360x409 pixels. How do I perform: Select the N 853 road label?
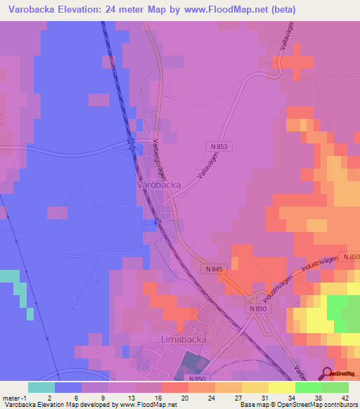[x=219, y=145]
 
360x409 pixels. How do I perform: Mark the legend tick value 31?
[x=244, y=397]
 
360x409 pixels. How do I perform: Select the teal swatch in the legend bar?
[x=41, y=387]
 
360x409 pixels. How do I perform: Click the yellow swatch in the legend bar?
[x=281, y=387]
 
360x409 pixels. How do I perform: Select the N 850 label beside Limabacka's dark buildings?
[x=198, y=378]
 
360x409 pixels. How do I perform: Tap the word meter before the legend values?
[x=12, y=397]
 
